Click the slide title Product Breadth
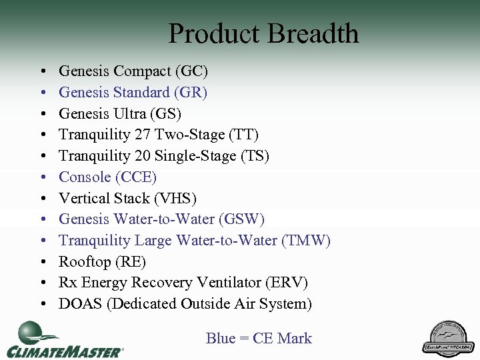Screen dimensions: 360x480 263,33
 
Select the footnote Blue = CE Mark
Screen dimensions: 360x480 259,339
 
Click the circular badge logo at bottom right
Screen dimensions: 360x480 448,337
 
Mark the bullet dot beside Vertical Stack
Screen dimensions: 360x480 43,199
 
